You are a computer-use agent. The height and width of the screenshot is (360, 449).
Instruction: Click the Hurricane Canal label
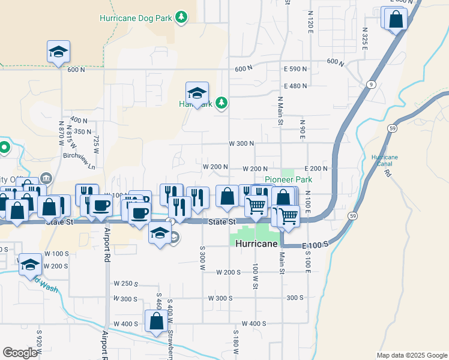[385, 160]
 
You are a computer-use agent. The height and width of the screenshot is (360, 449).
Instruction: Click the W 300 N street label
[242, 143]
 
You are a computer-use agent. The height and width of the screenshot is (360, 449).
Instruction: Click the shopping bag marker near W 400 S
[156, 322]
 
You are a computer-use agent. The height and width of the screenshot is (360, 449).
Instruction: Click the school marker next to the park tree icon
[197, 93]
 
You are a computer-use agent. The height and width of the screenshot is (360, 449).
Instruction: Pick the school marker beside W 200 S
[30, 264]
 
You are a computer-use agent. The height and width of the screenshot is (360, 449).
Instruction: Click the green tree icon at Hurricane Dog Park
[182, 18]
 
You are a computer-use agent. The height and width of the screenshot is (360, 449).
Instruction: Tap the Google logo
[20, 352]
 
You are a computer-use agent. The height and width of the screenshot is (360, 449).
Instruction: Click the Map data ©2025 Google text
[412, 355]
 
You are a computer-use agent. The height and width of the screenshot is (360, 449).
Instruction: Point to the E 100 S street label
[315, 245]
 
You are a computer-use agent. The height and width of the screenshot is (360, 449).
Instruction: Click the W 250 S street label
[126, 284]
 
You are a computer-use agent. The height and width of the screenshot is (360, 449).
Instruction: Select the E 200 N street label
[316, 169]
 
